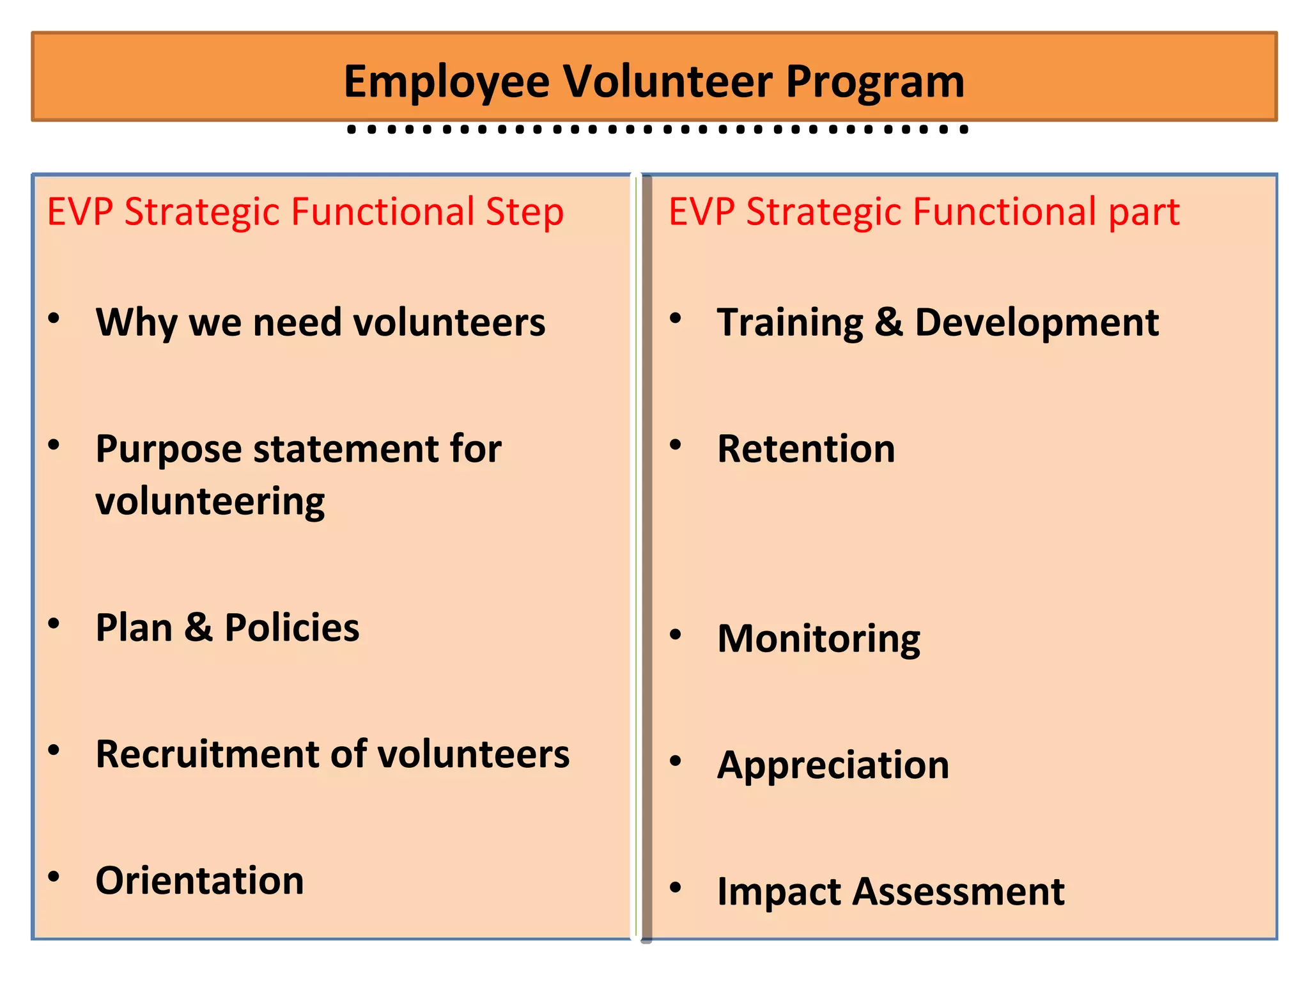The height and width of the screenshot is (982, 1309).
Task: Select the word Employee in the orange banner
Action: (446, 83)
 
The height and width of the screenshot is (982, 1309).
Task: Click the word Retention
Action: (806, 449)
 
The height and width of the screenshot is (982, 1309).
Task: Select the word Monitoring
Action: (819, 639)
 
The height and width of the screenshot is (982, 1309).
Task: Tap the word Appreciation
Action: (833, 765)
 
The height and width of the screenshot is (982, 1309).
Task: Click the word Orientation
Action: (199, 881)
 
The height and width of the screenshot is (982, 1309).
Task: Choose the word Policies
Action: (291, 628)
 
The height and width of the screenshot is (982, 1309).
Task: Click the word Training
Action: (790, 323)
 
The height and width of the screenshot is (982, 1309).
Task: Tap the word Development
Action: (1036, 322)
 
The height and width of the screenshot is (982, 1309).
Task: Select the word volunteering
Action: (210, 502)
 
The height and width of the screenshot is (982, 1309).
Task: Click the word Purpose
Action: (169, 450)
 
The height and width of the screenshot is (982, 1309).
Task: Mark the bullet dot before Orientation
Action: (54, 876)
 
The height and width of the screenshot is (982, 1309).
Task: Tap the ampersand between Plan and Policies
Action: (198, 628)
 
